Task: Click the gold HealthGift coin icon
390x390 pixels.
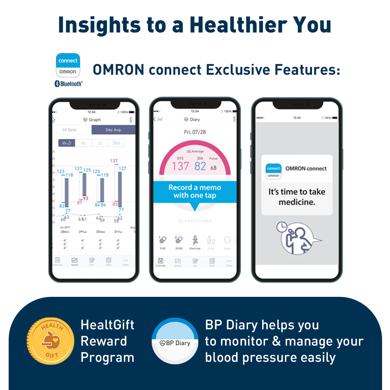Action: tap(48, 341)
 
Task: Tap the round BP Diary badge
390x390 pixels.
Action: tap(175, 341)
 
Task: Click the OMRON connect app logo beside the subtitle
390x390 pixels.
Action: tap(68, 65)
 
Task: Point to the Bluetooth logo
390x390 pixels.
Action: tap(68, 84)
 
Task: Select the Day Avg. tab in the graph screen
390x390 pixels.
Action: tap(113, 130)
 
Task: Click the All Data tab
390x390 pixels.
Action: tap(69, 130)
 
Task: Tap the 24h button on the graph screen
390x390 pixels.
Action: tap(116, 143)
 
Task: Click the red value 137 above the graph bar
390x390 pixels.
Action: tap(114, 161)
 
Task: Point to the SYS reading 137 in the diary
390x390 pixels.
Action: tap(180, 166)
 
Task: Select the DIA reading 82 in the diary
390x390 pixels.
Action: tap(200, 166)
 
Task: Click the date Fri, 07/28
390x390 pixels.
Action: tap(195, 132)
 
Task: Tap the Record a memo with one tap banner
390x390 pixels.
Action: tap(195, 191)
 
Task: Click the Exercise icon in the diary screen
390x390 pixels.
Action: tap(195, 240)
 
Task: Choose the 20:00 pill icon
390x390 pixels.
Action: tap(178, 240)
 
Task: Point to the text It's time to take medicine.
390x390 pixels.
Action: tap(297, 197)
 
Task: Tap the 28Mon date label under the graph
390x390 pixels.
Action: tap(64, 231)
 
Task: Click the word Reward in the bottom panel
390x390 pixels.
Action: tap(104, 341)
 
